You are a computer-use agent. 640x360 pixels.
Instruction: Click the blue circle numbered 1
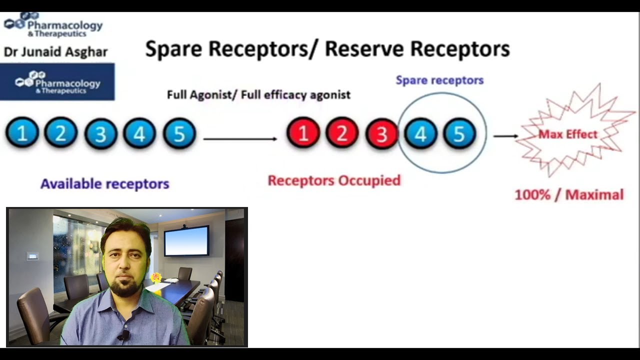click(x=22, y=133)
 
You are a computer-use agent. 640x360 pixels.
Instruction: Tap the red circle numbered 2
click(x=342, y=133)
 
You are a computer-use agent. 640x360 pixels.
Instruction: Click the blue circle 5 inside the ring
click(x=459, y=133)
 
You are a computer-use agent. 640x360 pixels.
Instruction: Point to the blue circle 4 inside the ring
click(x=420, y=133)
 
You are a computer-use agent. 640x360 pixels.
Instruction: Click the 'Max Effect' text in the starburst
click(x=567, y=134)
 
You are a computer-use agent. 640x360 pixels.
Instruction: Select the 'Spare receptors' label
click(x=439, y=80)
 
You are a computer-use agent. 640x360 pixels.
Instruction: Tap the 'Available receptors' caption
click(x=104, y=184)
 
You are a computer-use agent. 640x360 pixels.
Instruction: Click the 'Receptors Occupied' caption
click(x=334, y=180)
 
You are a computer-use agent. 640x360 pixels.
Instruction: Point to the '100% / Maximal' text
click(x=569, y=194)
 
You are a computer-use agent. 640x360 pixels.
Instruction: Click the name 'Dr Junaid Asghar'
click(x=55, y=52)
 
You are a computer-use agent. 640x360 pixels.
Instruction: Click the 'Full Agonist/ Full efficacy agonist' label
click(x=258, y=94)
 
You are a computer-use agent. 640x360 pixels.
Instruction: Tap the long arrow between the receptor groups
click(x=240, y=138)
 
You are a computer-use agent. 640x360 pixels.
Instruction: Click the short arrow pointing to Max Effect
click(x=505, y=135)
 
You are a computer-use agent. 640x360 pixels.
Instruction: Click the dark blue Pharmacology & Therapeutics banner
click(x=57, y=82)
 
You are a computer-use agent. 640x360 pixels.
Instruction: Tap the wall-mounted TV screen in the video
click(x=186, y=241)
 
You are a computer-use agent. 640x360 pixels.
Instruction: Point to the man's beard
click(x=125, y=287)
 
